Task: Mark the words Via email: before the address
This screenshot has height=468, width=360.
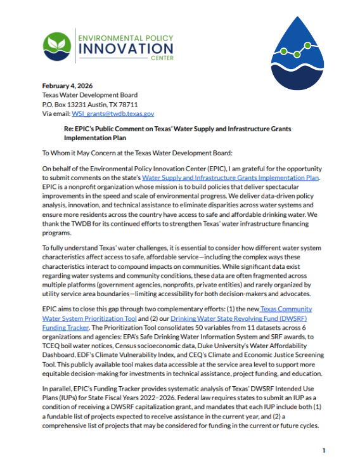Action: coord(56,114)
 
